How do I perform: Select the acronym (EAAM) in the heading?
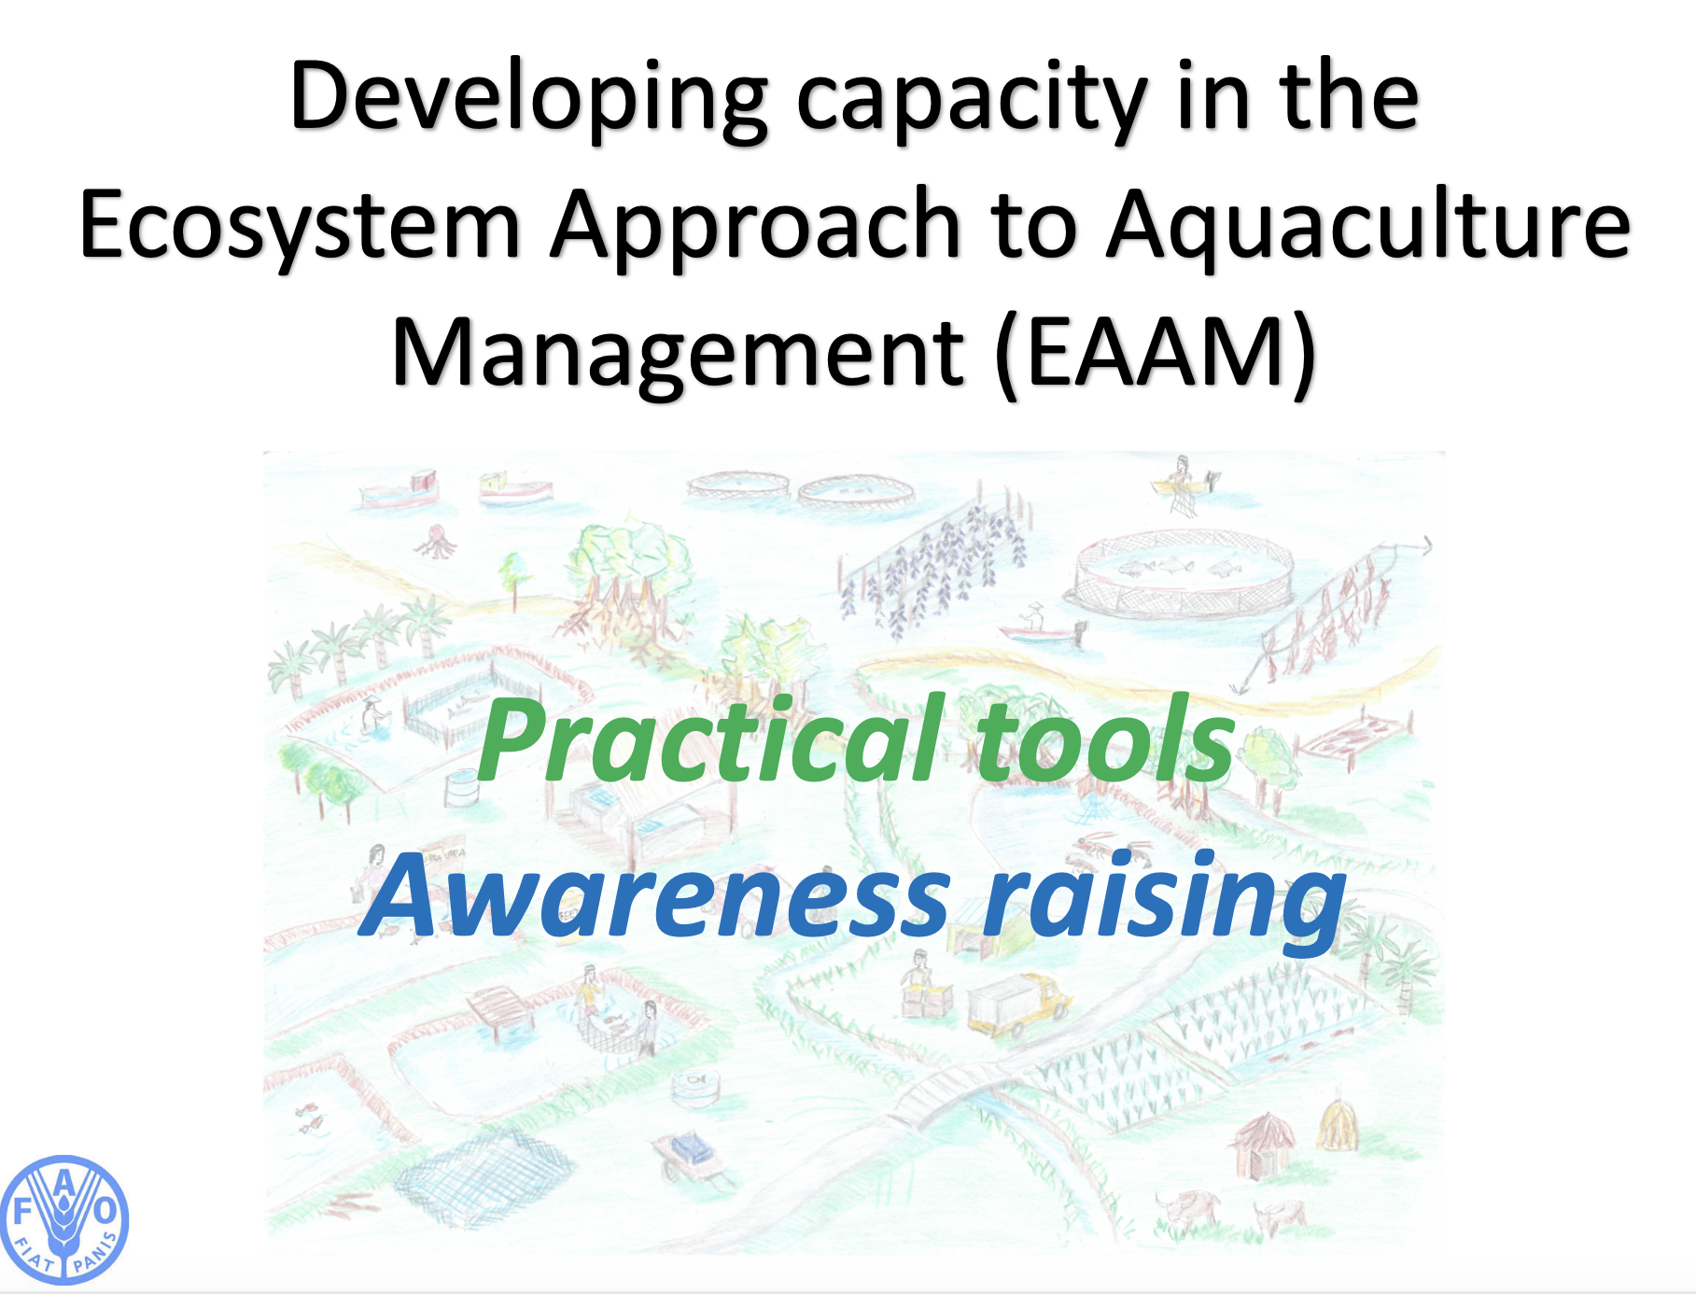(1156, 353)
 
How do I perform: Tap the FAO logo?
(63, 1220)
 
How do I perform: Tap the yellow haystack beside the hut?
(1338, 1121)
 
